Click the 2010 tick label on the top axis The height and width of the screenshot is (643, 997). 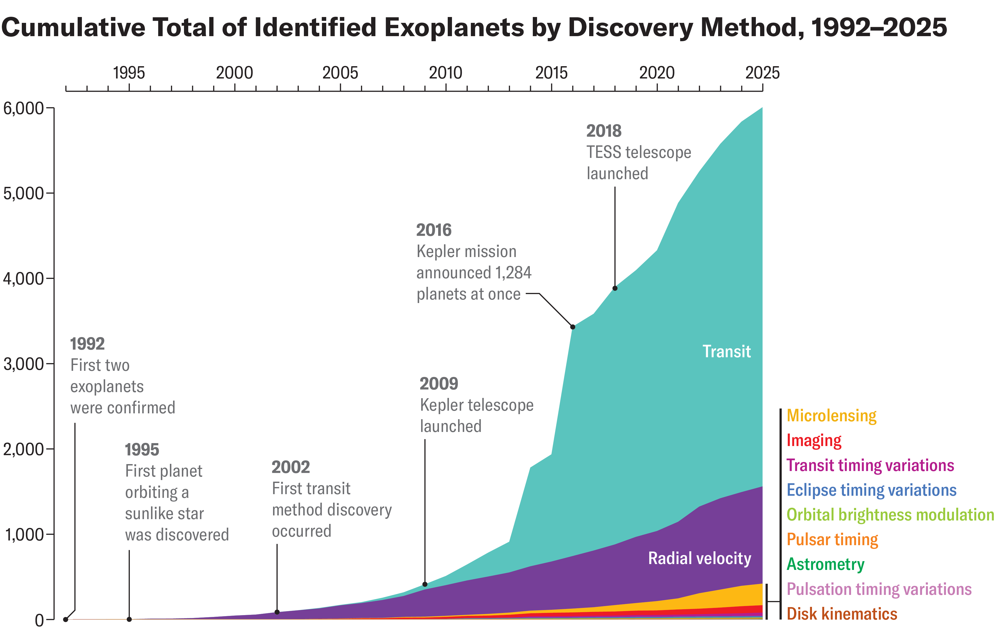[x=446, y=73]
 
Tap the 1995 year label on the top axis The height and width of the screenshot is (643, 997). [x=129, y=73]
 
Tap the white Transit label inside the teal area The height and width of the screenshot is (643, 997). [x=726, y=352]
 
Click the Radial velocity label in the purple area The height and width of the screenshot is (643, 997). [x=699, y=558]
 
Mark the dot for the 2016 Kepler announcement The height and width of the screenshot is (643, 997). [x=573, y=327]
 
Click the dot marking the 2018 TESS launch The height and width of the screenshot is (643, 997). [x=615, y=288]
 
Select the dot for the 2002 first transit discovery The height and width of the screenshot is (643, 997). [x=277, y=612]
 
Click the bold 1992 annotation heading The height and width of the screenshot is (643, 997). [x=87, y=344]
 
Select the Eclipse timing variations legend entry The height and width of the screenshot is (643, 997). [x=871, y=490]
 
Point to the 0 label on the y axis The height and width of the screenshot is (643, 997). [x=39, y=620]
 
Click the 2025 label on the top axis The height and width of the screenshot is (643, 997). [x=762, y=73]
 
